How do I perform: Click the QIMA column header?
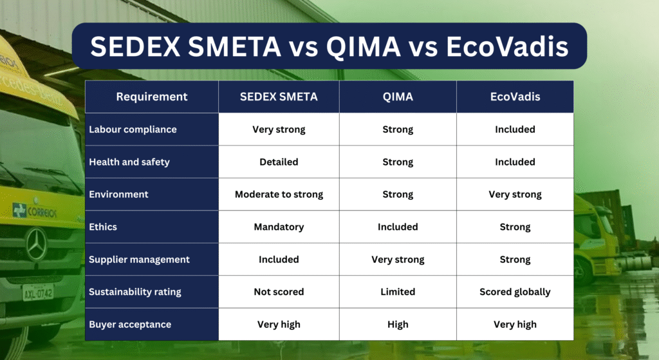point(398,97)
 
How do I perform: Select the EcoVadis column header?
point(515,97)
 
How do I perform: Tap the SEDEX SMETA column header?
point(279,97)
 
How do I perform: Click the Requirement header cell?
point(152,97)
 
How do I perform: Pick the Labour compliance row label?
point(133,129)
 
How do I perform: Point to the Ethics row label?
point(103,227)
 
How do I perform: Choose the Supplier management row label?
point(139,260)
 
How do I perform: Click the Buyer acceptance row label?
point(130,324)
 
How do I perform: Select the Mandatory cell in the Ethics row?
point(279,227)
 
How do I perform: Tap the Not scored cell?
point(279,292)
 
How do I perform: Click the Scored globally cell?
point(515,292)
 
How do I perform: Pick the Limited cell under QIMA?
point(398,292)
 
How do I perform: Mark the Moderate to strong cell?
point(279,194)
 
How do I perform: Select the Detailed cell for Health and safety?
point(279,162)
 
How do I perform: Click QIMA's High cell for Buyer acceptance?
point(398,324)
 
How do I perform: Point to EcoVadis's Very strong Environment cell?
point(515,194)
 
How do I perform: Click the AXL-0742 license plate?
point(38,292)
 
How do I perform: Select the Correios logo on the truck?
point(35,211)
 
